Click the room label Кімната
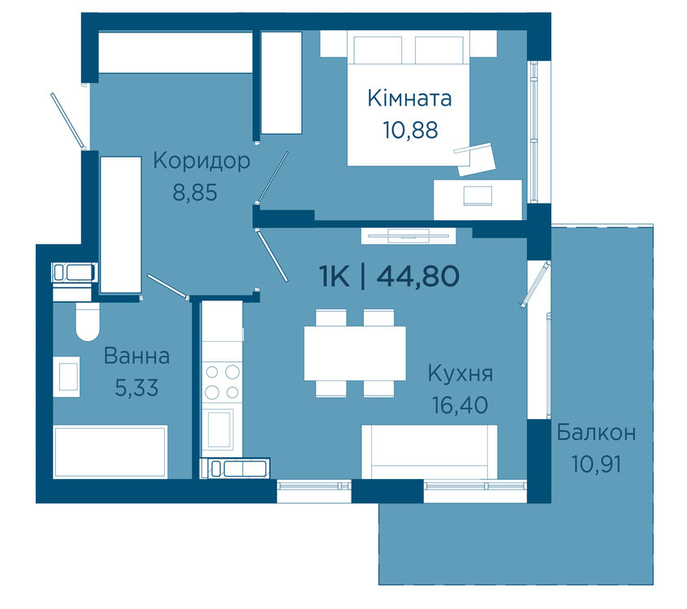click(x=409, y=98)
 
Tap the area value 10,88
click(x=410, y=130)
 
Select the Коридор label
click(x=201, y=162)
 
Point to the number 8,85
click(x=195, y=192)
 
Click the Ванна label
click(x=136, y=356)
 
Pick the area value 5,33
click(x=136, y=388)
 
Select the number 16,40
click(x=460, y=405)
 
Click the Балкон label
click(x=596, y=433)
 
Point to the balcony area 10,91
click(x=596, y=464)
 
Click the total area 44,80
click(x=417, y=276)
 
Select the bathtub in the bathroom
click(x=110, y=451)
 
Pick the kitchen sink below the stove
click(x=220, y=429)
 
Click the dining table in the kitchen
click(x=355, y=353)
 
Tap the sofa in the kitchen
click(x=430, y=451)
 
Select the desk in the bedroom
click(x=477, y=200)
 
